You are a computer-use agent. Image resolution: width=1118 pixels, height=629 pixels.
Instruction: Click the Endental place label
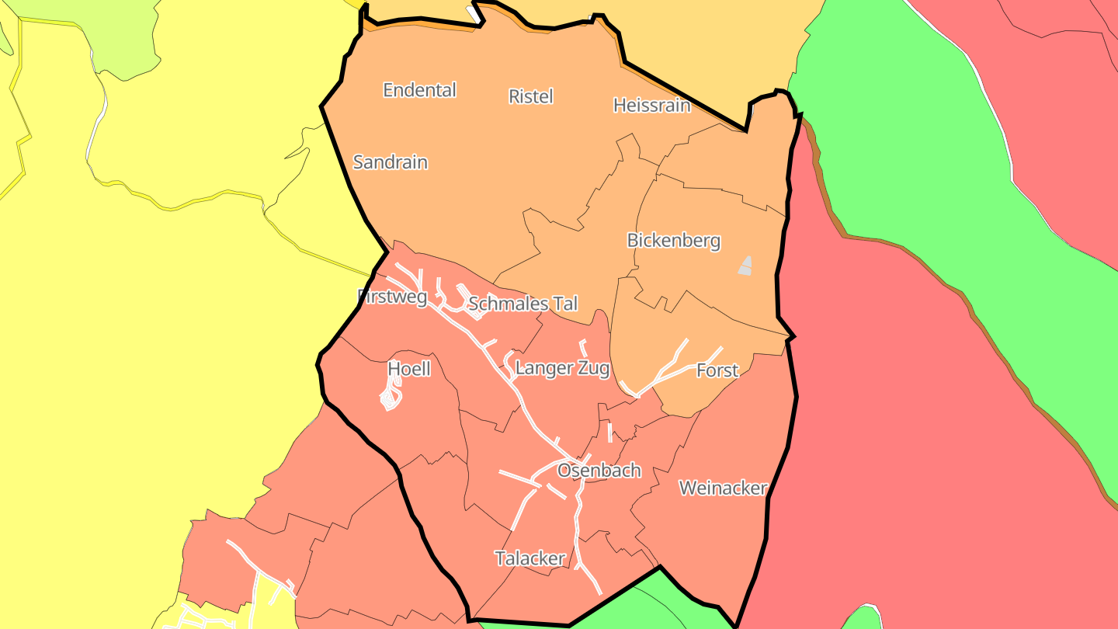pos(419,90)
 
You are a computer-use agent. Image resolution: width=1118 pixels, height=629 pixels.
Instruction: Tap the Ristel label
pos(531,96)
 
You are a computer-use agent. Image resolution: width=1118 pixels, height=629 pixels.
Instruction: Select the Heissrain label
pos(651,105)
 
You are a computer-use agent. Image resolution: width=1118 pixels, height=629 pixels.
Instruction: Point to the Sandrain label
pos(390,162)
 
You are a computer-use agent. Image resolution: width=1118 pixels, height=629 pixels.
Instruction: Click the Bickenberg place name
pos(673,241)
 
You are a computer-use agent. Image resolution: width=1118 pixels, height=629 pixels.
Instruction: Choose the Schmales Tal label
pos(523,304)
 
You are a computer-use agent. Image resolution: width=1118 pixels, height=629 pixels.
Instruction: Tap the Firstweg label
pos(392,297)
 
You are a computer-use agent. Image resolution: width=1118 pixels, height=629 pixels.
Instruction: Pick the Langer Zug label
pos(562,368)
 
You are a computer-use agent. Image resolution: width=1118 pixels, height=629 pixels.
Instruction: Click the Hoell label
pos(408,369)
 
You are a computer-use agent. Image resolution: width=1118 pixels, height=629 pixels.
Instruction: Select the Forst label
pos(717,370)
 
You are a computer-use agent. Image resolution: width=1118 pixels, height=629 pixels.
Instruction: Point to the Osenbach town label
pos(599,471)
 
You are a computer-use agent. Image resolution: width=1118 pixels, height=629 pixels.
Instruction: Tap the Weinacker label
pos(723,488)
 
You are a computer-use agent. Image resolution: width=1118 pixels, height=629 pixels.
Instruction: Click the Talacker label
pos(530,558)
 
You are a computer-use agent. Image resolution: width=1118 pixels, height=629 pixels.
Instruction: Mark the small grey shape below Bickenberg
pos(745,266)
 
